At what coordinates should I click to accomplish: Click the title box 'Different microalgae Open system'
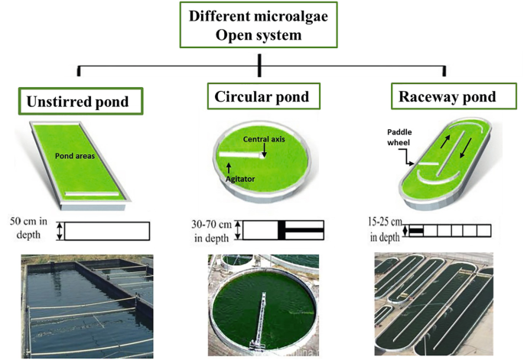click(261, 27)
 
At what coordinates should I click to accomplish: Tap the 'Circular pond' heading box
click(262, 96)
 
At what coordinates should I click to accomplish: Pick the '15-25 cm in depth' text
click(385, 230)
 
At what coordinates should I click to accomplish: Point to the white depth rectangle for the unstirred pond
click(106, 230)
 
